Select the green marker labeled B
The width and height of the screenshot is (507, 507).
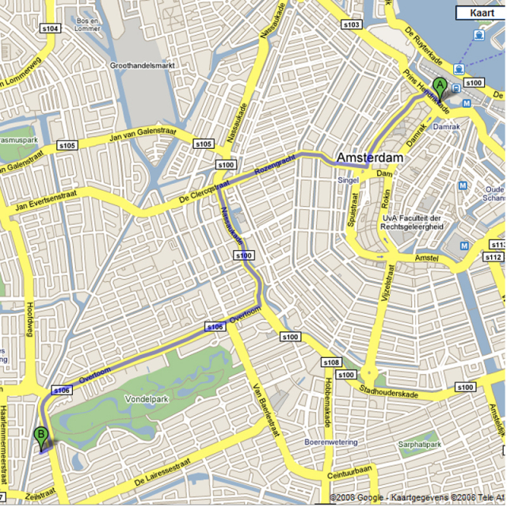click(40, 435)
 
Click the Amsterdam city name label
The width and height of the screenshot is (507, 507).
click(369, 158)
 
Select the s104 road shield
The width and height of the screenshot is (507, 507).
click(49, 29)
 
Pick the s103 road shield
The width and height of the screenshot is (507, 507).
click(351, 25)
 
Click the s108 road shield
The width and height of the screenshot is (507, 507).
click(331, 362)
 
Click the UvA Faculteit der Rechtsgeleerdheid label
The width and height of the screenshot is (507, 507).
click(412, 222)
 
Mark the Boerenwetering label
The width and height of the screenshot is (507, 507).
click(332, 442)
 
